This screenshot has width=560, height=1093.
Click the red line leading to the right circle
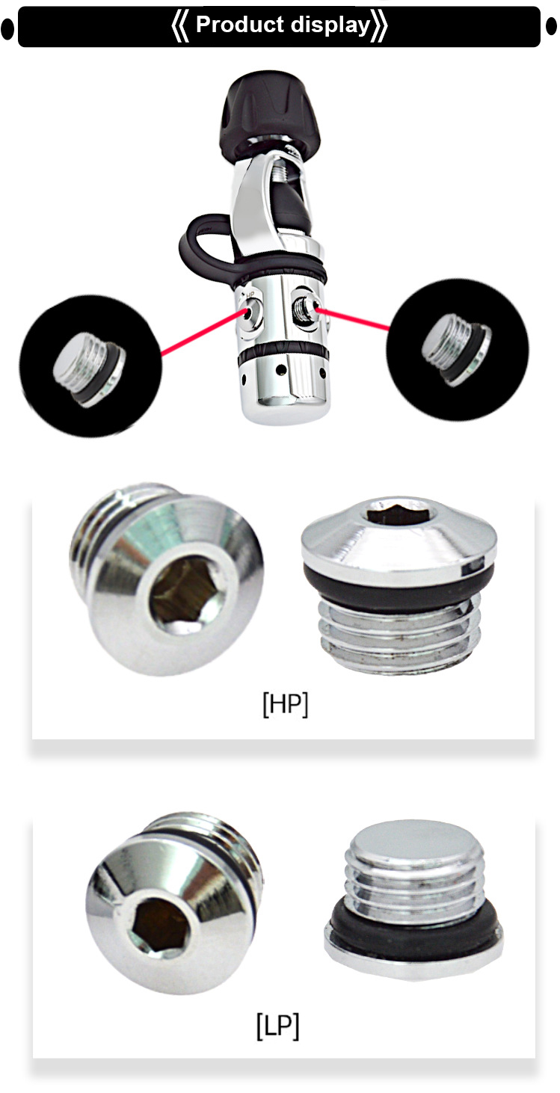[x=356, y=317]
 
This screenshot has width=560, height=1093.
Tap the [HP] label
[x=285, y=705]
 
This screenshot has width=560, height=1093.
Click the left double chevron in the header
[x=180, y=26]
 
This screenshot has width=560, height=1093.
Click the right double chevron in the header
[x=380, y=26]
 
